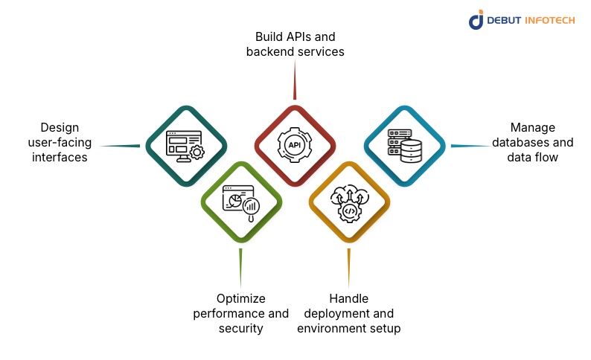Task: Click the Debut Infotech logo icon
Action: point(476,19)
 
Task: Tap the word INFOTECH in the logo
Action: point(549,20)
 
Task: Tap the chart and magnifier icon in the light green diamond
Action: point(240,200)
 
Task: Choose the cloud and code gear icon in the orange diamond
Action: point(349,201)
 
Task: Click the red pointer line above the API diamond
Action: point(295,80)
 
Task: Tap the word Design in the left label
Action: point(60,127)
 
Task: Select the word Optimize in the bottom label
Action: point(240,299)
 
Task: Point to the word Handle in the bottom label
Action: point(349,299)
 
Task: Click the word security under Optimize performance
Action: point(240,328)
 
